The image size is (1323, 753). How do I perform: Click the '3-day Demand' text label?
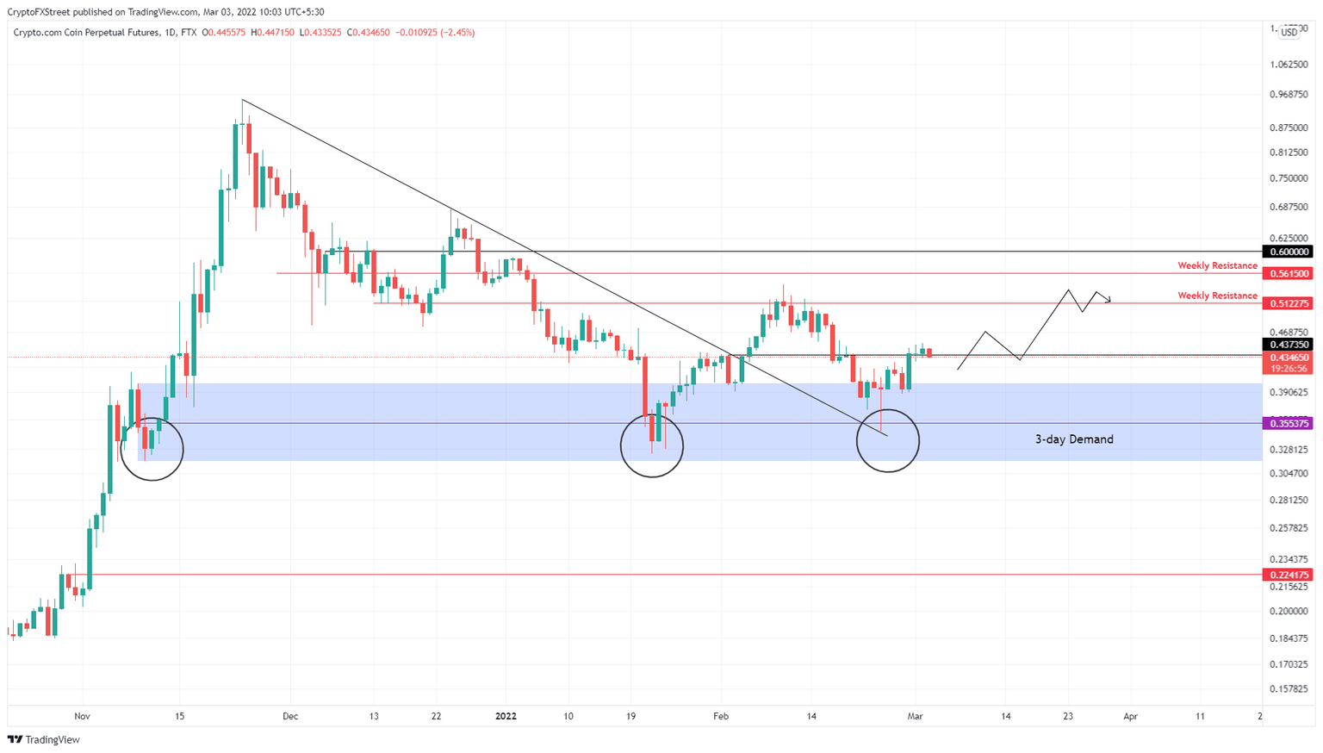pyautogui.click(x=1073, y=439)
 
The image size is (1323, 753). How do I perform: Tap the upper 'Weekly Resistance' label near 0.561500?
pyautogui.click(x=1217, y=265)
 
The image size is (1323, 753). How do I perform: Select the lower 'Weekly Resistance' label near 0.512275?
pyautogui.click(x=1217, y=296)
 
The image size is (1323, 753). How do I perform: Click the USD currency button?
pyautogui.click(x=1289, y=32)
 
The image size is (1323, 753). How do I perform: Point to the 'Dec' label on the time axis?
pyautogui.click(x=290, y=716)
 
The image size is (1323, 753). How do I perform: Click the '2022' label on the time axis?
pyautogui.click(x=506, y=716)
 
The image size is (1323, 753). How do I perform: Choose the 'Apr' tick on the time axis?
pyautogui.click(x=1130, y=716)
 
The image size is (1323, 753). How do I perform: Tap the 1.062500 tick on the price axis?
pyautogui.click(x=1289, y=65)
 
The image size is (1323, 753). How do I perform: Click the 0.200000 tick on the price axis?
pyautogui.click(x=1289, y=611)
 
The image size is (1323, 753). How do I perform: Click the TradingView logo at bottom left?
pyautogui.click(x=44, y=739)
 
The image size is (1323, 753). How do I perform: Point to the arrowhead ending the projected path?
pyautogui.click(x=1109, y=300)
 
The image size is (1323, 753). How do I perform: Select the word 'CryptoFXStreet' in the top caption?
pyautogui.click(x=39, y=12)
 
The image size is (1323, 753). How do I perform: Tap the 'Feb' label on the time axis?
pyautogui.click(x=721, y=716)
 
